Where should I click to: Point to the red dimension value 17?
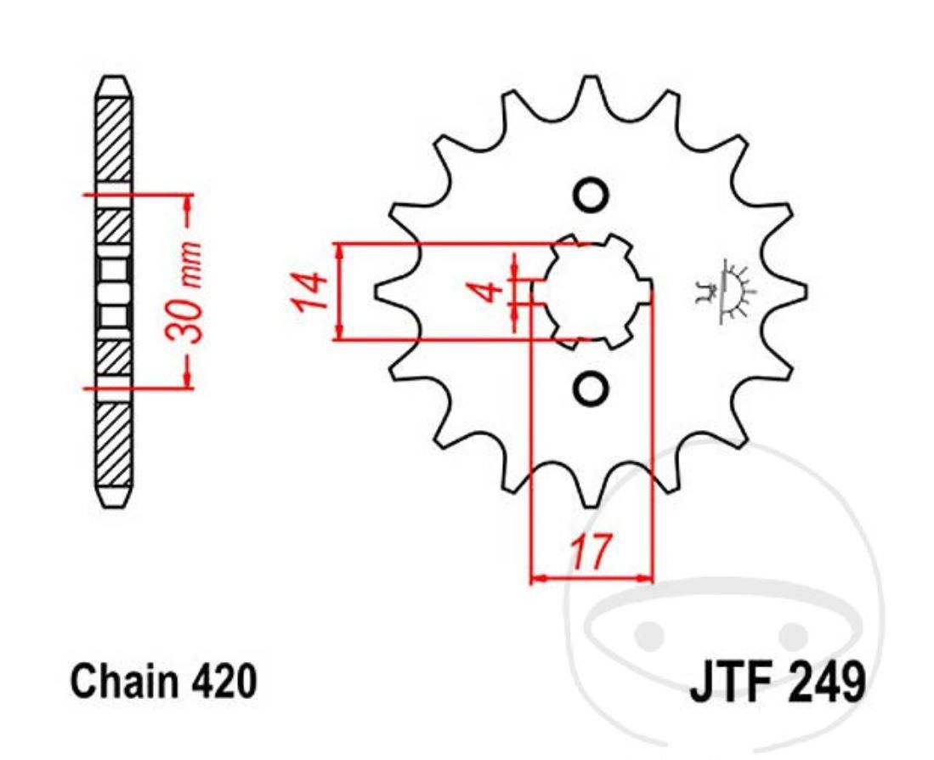point(589,553)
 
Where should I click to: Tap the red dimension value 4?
point(487,292)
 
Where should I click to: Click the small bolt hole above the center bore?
point(590,196)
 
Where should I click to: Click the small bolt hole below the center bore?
point(590,389)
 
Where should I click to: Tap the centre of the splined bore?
point(592,292)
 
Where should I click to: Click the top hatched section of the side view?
point(114,140)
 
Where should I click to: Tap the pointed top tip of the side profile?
point(114,79)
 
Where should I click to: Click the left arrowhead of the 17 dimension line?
point(535,579)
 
